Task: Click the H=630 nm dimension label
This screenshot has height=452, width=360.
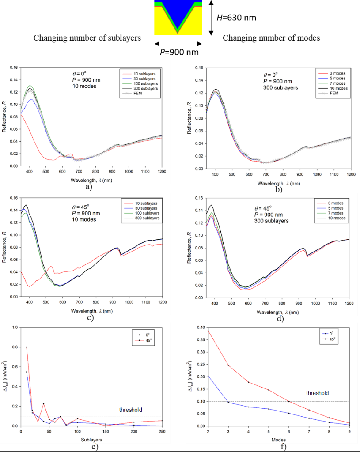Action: pos(236,18)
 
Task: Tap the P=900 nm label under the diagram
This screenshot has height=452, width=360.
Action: pos(179,52)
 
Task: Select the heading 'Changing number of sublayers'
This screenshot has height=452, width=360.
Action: pos(87,38)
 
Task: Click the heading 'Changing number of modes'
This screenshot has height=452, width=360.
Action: pos(271,38)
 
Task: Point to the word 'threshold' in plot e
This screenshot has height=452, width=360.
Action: pos(131,410)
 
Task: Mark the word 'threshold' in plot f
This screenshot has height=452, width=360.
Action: pos(318,393)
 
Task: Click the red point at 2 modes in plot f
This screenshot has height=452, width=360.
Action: pos(208,331)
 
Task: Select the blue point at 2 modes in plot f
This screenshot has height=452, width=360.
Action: pos(208,376)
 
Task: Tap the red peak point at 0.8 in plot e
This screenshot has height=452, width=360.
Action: pos(27,347)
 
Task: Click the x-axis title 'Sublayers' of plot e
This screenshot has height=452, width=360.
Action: pos(92,440)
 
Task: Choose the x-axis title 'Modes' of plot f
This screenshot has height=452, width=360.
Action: pos(278,440)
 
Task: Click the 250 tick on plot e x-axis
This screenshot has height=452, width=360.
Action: pos(162,431)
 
